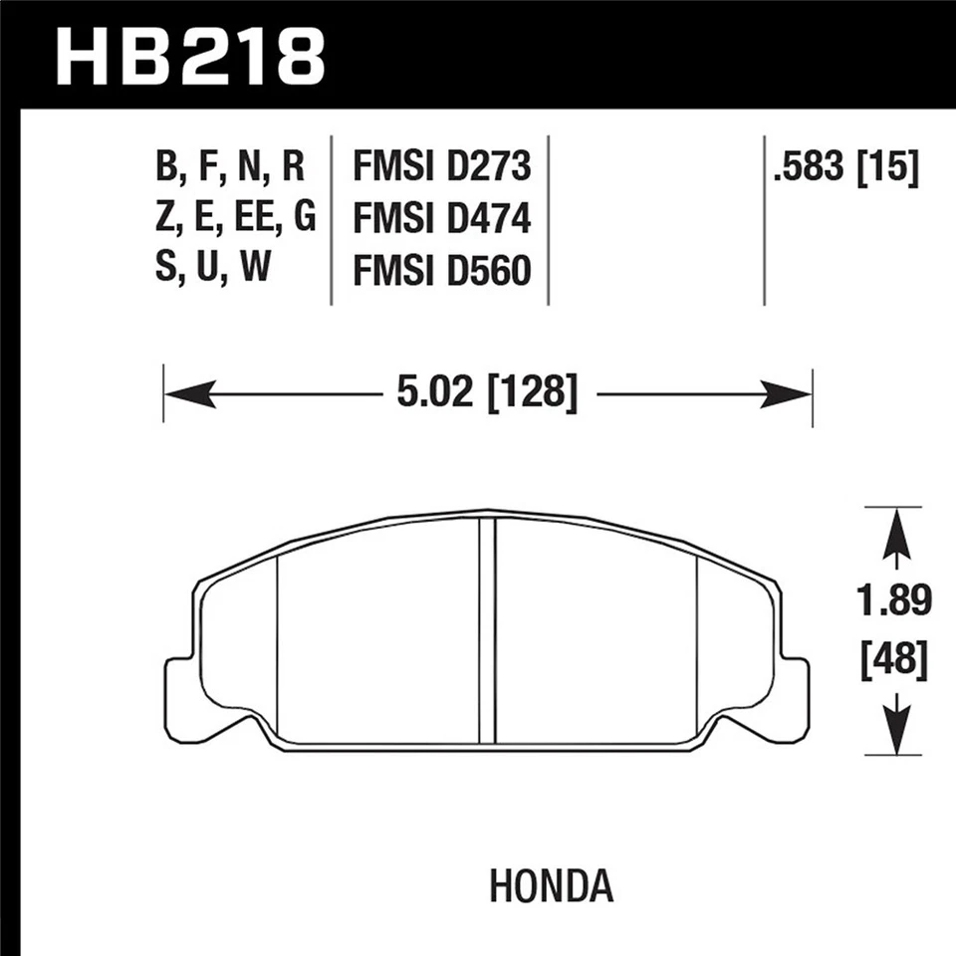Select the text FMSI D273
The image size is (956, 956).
click(441, 167)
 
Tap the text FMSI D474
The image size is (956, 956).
click(441, 218)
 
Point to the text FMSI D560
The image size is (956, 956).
click(441, 270)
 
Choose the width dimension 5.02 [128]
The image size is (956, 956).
click(487, 394)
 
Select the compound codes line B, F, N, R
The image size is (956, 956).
click(229, 167)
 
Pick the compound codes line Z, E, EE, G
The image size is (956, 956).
click(235, 218)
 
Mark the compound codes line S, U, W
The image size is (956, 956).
click(213, 270)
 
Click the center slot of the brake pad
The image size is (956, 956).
click(487, 631)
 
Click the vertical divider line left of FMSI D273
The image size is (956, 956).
click(330, 219)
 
